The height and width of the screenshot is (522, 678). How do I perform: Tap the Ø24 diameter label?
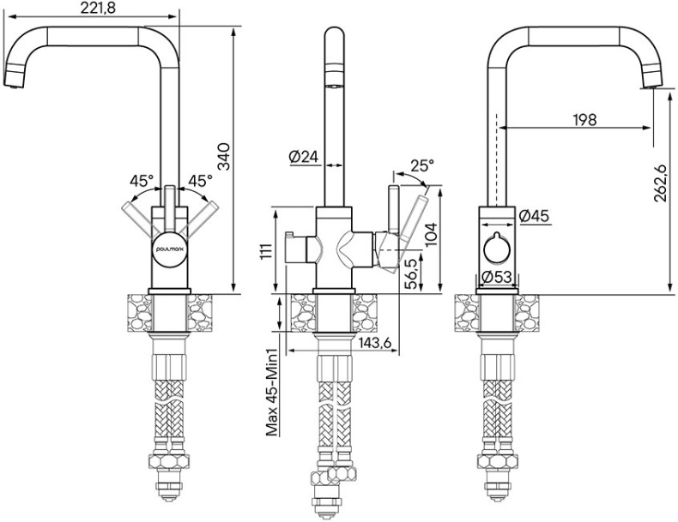[x=304, y=156]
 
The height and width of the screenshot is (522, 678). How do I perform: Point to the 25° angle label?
[x=421, y=165]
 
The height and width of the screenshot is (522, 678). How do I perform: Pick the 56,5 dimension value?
[x=412, y=273]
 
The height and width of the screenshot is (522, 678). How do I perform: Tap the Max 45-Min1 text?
[x=272, y=392]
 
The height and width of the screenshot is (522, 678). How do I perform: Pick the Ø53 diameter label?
[x=497, y=276]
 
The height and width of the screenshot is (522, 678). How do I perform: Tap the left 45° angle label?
[x=142, y=181]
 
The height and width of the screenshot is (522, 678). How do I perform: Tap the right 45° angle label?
[x=200, y=181]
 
